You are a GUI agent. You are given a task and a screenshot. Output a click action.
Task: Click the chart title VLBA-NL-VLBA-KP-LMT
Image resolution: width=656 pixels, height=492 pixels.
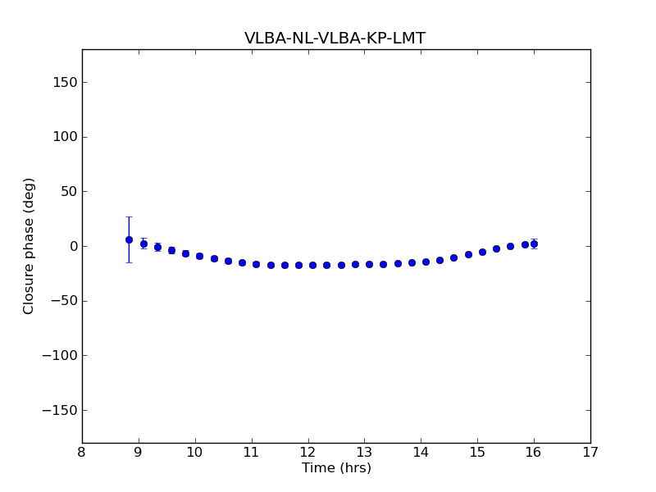pos(335,39)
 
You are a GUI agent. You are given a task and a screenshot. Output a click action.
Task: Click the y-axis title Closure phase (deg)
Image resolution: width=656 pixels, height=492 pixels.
pos(30,246)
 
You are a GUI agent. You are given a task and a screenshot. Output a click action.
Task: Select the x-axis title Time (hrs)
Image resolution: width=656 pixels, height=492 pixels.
pos(336,468)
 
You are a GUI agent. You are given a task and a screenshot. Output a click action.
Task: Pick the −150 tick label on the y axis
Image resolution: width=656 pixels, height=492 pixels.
pos(59,410)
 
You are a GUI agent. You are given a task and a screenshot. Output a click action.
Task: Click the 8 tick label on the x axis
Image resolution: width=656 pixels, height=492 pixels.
pos(82,452)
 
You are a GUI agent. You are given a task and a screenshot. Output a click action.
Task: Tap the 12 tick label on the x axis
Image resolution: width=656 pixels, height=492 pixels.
pos(307,452)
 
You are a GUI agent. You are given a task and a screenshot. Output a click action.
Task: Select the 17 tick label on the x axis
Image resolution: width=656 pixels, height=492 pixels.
pos(590,452)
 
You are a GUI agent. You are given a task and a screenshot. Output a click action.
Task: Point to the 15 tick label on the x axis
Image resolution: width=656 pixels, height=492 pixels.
pos(477,452)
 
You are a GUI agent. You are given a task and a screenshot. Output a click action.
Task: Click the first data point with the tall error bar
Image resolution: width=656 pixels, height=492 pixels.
pos(129,239)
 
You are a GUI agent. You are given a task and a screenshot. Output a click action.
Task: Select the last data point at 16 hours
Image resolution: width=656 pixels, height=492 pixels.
pos(534,244)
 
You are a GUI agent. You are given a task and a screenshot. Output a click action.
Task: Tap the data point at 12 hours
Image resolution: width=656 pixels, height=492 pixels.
pos(312,265)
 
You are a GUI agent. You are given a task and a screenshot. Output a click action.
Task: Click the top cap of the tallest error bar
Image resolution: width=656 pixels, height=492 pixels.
pos(129,217)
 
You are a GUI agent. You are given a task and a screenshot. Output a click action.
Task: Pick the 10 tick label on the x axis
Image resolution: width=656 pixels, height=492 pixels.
pos(194,452)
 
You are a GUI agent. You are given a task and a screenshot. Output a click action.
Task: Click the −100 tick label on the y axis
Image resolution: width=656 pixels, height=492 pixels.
pos(59,355)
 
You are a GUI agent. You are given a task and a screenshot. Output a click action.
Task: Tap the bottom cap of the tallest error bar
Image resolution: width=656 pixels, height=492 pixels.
pos(129,262)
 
